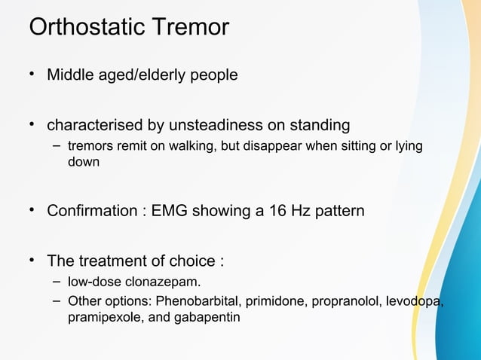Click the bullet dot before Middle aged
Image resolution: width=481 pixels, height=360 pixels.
point(32,75)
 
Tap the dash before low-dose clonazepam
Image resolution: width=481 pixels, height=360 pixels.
point(57,282)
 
